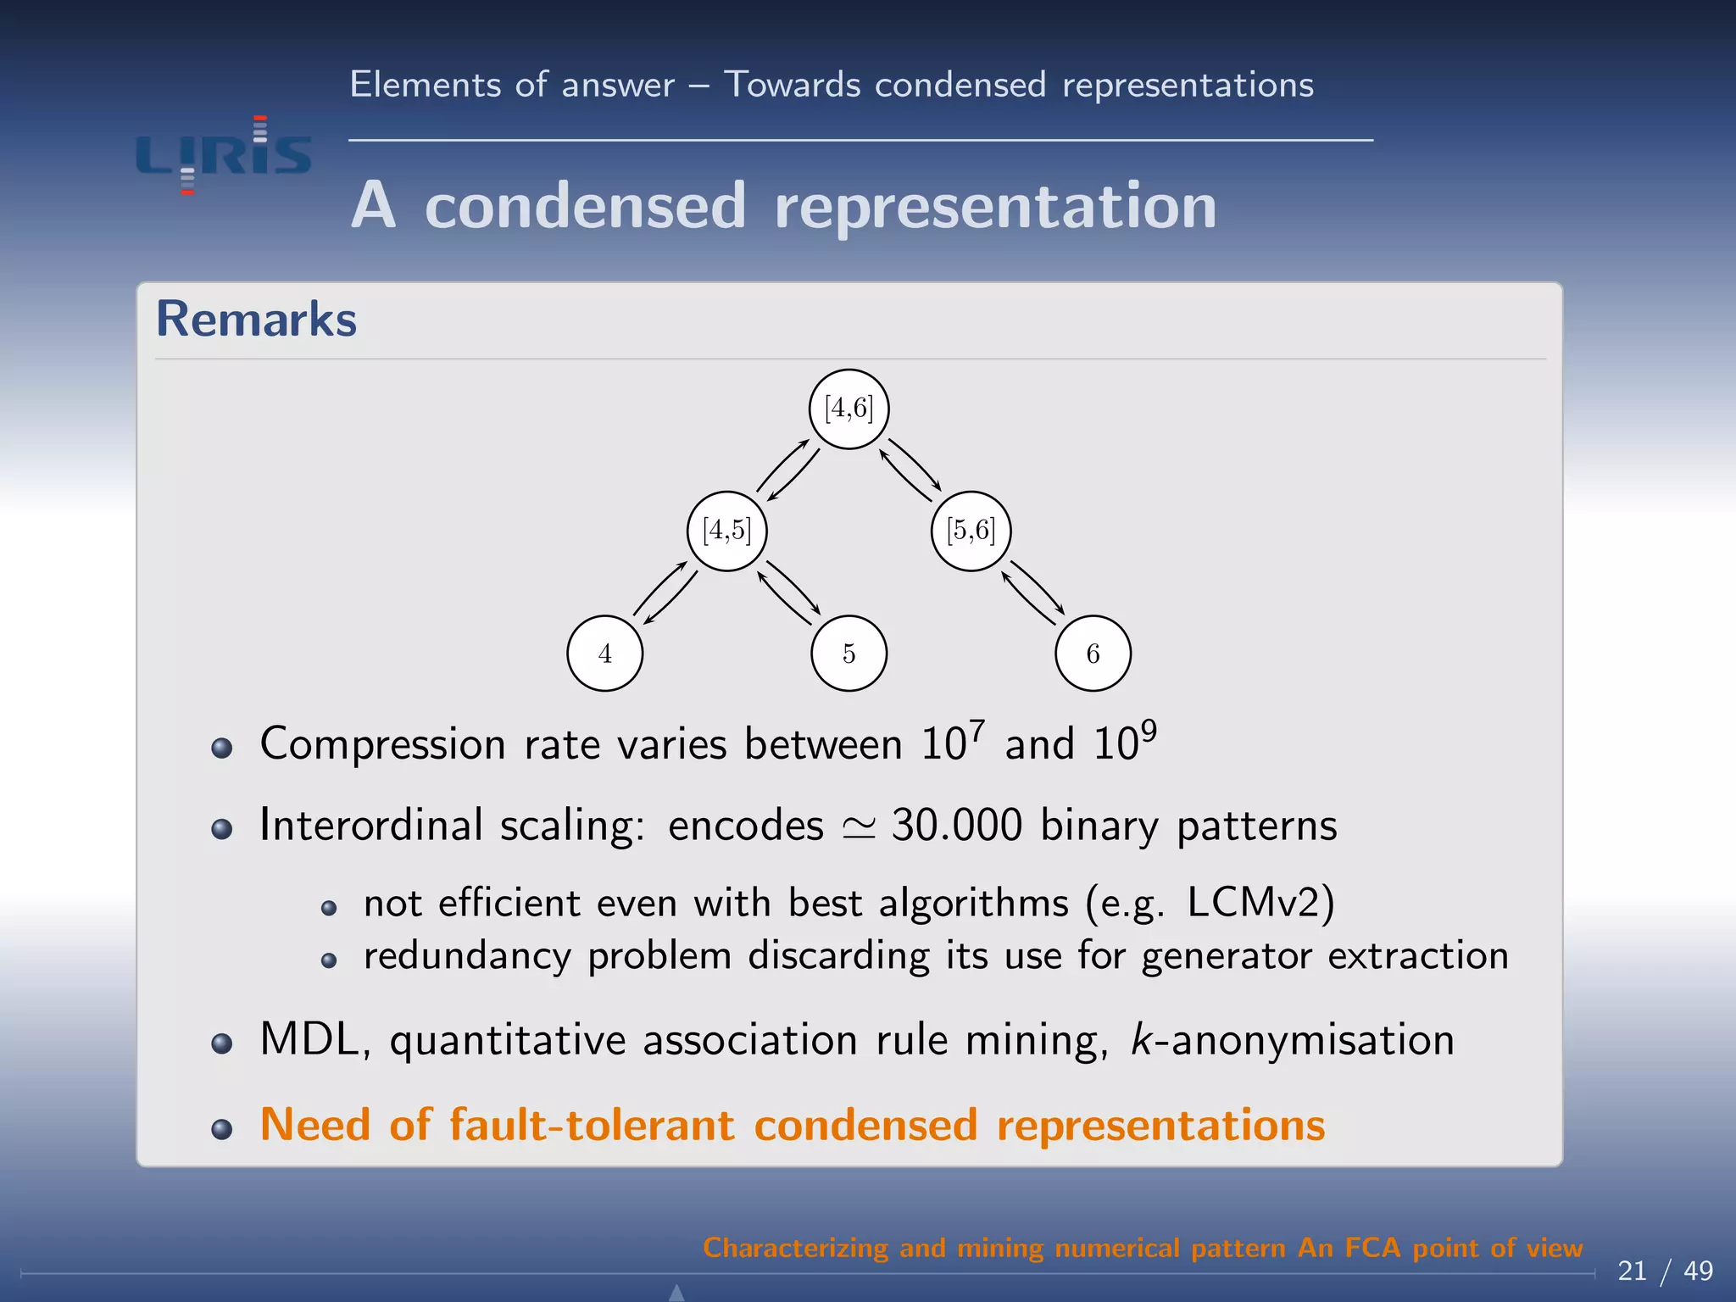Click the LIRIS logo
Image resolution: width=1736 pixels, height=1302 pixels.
(x=224, y=156)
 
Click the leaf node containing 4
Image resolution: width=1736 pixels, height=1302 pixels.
(x=604, y=654)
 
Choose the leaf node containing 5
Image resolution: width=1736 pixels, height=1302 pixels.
(x=849, y=654)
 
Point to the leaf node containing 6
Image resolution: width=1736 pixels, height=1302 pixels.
(x=1093, y=654)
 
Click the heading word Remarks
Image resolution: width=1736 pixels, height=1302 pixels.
(x=256, y=320)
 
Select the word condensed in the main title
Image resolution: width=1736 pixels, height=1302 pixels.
(x=585, y=206)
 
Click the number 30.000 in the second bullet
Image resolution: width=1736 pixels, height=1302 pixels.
(x=957, y=825)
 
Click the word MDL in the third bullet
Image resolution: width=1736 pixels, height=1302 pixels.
(x=310, y=1039)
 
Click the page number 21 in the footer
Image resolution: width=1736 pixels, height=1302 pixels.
(x=1632, y=1271)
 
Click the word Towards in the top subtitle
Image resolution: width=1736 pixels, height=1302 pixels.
(x=792, y=85)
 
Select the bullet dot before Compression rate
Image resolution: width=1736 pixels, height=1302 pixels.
(x=222, y=748)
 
